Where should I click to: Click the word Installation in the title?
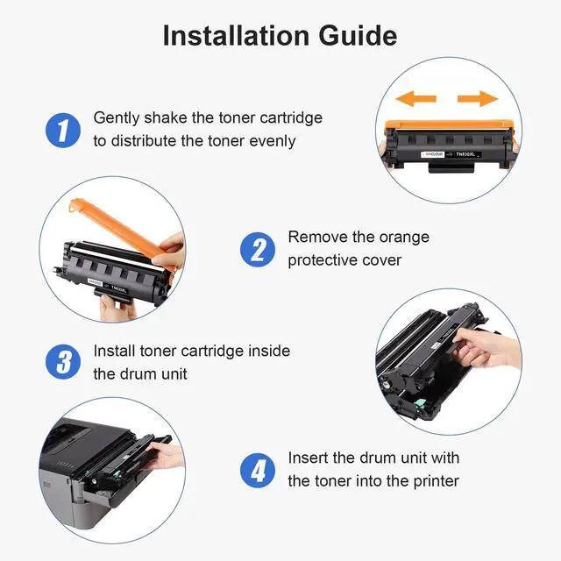tap(236, 36)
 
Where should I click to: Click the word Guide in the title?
tap(358, 36)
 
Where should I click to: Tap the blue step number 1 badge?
tap(63, 131)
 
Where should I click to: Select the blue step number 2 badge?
tap(258, 249)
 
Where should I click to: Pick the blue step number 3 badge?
tap(63, 362)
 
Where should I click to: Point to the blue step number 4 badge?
tap(258, 471)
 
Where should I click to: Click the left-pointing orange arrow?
tap(415, 98)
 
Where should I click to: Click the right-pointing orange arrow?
tap(478, 98)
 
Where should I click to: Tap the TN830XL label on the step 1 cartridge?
tap(465, 154)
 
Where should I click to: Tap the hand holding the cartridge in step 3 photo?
tap(486, 347)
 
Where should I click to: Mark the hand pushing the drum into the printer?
tap(166, 456)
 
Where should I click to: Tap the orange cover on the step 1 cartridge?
tap(450, 125)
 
